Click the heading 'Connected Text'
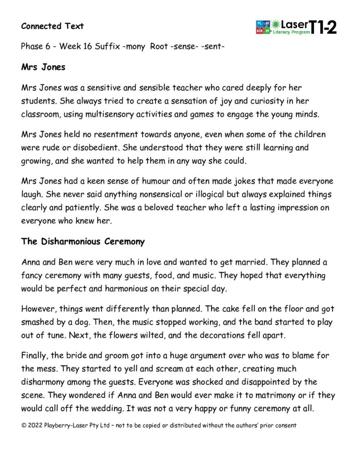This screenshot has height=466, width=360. [x=52, y=26]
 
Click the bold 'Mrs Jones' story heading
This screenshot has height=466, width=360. [x=43, y=67]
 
